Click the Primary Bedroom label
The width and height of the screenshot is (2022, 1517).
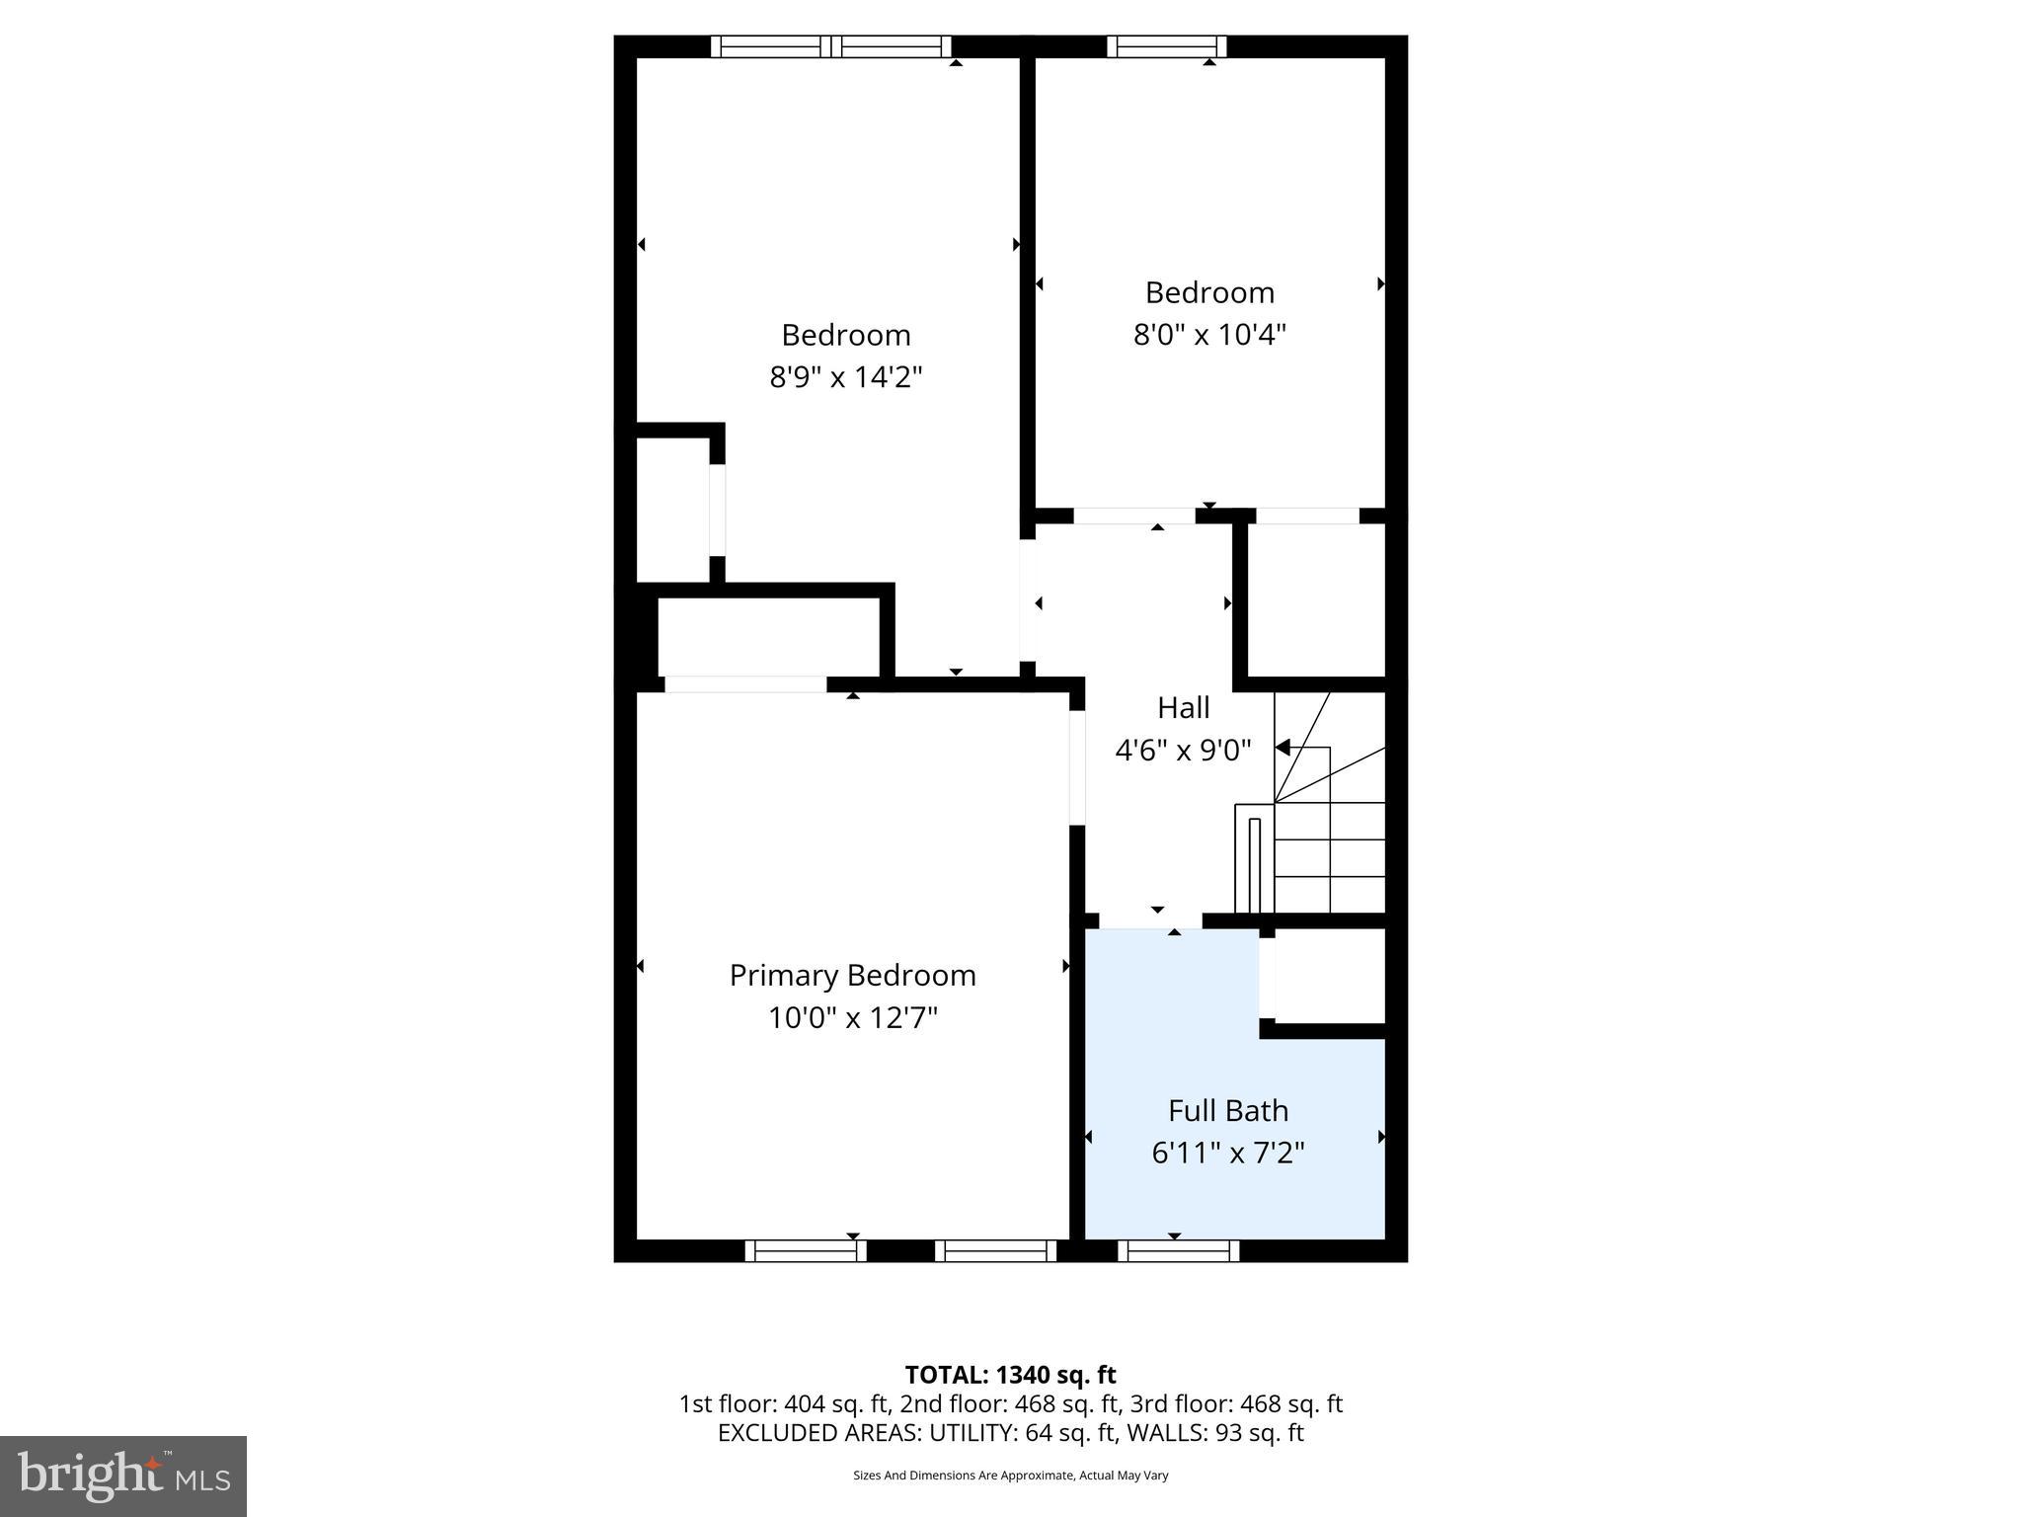(x=852, y=975)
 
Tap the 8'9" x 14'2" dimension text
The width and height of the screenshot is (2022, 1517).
(x=845, y=377)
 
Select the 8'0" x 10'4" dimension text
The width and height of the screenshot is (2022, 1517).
(x=1208, y=335)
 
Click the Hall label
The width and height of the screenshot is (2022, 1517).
(x=1183, y=707)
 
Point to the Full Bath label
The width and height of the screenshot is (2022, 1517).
(x=1227, y=1110)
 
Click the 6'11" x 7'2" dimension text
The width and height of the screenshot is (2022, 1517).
(x=1227, y=1153)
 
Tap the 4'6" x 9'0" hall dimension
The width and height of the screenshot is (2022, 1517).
(x=1183, y=751)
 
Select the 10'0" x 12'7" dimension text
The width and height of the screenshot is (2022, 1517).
(x=852, y=1017)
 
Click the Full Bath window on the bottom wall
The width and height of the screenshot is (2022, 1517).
(x=1178, y=1250)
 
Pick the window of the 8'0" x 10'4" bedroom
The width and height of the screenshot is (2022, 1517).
(x=1166, y=46)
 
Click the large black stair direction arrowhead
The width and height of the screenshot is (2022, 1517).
(x=1283, y=748)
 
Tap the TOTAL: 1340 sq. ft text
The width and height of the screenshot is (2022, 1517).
(x=1010, y=1375)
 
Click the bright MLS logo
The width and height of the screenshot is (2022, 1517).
(x=123, y=1476)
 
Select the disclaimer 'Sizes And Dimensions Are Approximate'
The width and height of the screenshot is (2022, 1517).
(x=964, y=1476)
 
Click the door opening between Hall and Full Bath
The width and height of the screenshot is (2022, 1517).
(x=1150, y=920)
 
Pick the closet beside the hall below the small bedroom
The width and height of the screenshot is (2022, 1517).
(x=1316, y=600)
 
